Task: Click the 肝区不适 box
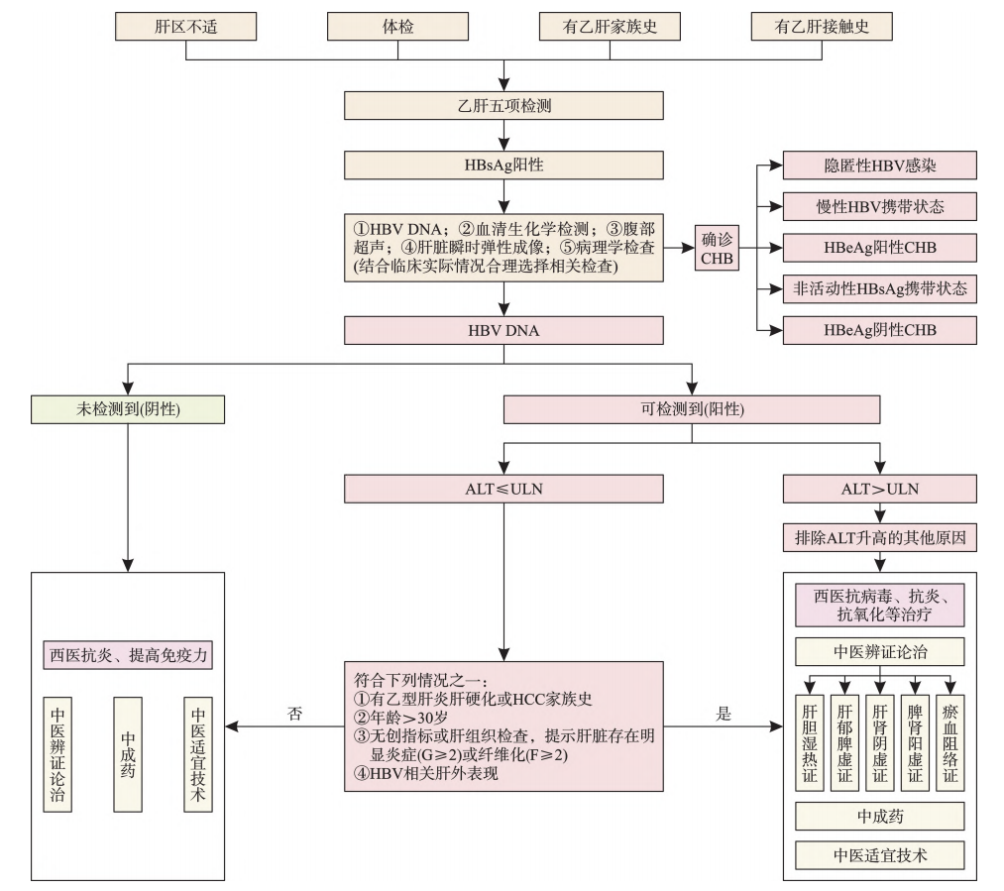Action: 185,26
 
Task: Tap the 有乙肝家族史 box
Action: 611,26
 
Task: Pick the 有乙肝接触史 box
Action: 822,26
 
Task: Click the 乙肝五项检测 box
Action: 503,105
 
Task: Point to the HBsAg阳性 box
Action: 503,165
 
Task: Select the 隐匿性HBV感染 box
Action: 880,165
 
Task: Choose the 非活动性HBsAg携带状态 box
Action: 880,288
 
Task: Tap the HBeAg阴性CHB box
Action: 880,329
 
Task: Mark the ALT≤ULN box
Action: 503,488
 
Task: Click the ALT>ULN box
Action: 880,488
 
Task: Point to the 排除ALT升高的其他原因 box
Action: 880,539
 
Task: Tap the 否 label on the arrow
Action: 294,713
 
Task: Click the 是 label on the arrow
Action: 723,713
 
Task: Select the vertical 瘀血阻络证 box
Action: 949,739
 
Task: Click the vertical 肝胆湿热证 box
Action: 810,739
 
